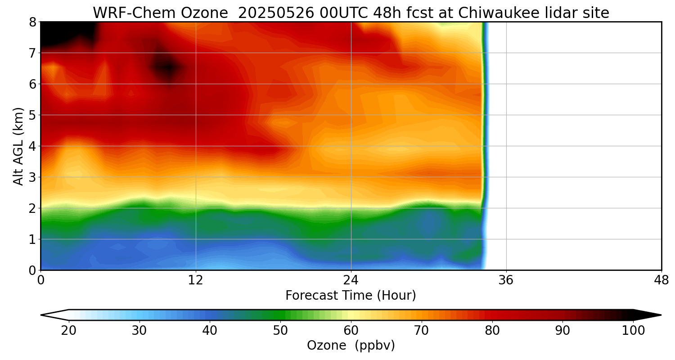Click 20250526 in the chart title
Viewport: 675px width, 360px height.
point(276,13)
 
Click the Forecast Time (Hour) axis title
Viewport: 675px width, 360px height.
point(351,296)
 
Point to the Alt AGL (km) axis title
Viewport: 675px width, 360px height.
point(18,146)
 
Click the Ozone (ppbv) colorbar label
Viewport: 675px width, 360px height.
point(351,346)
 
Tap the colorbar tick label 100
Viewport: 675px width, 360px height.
point(633,331)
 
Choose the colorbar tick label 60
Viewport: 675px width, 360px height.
point(351,331)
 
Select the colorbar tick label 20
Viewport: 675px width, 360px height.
point(68,331)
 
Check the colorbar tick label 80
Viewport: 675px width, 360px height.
point(492,331)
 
